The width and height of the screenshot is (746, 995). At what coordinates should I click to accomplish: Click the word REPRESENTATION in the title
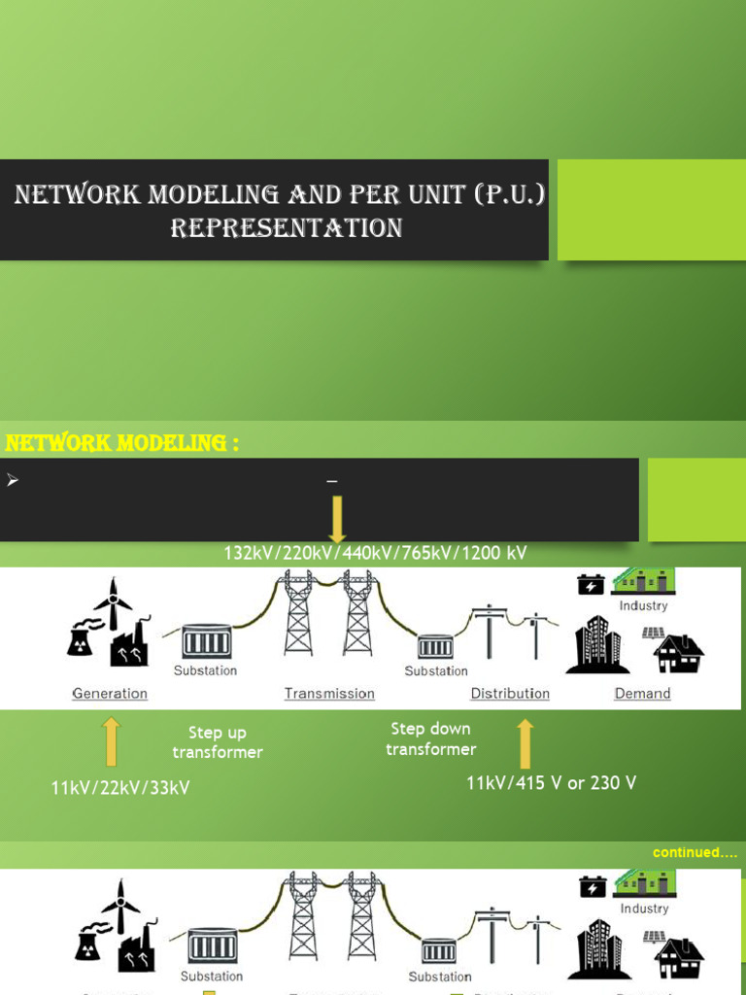coord(287,228)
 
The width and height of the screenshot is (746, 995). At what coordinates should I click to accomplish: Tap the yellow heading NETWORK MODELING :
coord(122,444)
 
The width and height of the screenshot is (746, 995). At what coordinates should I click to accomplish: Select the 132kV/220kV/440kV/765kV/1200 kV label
coord(375,553)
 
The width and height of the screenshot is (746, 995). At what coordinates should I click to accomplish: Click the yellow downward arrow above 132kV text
coord(337,519)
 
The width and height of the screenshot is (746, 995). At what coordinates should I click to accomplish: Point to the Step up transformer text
coord(218,742)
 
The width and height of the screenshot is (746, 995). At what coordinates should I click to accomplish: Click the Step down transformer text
coord(430,738)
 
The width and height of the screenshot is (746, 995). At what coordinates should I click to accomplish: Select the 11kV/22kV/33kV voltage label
coord(120,788)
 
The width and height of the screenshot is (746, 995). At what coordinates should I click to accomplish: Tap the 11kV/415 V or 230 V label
coord(551,783)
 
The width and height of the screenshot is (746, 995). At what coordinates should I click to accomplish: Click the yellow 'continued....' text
coord(695,852)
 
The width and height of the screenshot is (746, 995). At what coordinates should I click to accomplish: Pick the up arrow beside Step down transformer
coord(526,743)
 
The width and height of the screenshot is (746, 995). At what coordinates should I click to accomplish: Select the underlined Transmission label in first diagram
coord(329,694)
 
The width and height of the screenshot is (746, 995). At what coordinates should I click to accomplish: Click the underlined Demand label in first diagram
coord(642,694)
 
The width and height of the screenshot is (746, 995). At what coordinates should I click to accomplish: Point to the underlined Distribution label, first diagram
coord(510,694)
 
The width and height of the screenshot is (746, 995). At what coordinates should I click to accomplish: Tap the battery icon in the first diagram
coord(591,584)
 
